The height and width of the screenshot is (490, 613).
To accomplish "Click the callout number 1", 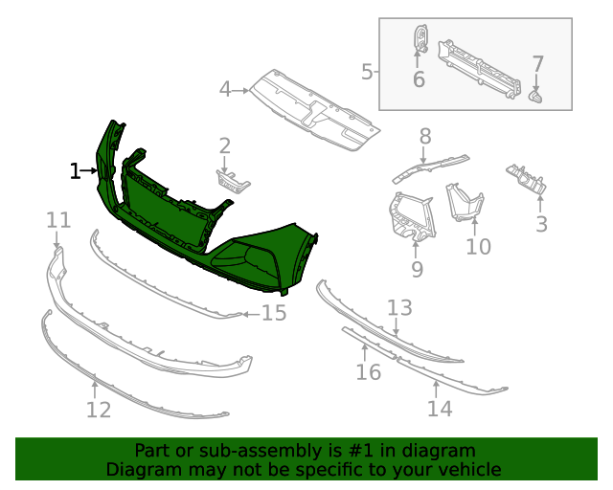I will (75, 171).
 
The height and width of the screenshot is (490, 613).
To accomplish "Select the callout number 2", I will (225, 145).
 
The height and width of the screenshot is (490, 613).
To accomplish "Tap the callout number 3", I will (541, 225).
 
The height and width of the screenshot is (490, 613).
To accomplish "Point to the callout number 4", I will (225, 90).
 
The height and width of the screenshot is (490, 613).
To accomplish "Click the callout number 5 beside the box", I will (367, 71).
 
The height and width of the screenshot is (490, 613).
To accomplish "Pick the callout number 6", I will (419, 79).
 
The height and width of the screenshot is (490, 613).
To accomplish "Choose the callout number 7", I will (537, 64).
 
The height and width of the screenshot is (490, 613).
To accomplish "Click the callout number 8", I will (425, 136).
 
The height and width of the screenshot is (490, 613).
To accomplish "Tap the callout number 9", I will (417, 269).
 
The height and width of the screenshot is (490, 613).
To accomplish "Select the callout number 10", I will (478, 247).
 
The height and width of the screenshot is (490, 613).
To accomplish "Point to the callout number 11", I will (58, 221).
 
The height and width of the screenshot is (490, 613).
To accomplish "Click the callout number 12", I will (99, 411).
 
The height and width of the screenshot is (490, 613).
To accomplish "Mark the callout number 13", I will (399, 307).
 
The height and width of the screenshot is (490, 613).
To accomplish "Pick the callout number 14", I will (439, 409).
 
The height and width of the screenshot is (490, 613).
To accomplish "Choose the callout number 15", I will (274, 313).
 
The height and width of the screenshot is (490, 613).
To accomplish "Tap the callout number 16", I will (369, 371).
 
